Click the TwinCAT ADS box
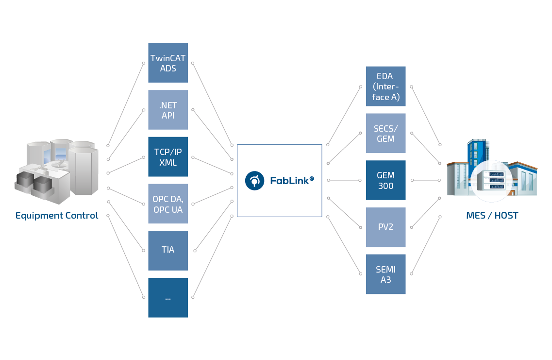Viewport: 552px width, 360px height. (x=167, y=63)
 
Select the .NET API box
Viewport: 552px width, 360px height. (x=167, y=110)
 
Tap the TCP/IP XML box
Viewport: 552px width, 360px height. (x=167, y=157)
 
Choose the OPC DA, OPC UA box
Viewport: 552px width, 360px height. (x=167, y=204)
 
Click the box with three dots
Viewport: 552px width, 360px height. (x=167, y=298)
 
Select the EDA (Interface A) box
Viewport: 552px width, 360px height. (x=385, y=86)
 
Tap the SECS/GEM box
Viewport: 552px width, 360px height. (x=385, y=134)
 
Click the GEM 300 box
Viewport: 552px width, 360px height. (x=385, y=180)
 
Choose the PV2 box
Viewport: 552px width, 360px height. (x=385, y=227)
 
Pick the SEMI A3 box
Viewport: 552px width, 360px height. (x=385, y=274)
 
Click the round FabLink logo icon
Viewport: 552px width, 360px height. (x=253, y=180)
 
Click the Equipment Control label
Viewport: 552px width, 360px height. (x=57, y=215)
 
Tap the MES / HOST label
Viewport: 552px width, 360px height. (x=492, y=215)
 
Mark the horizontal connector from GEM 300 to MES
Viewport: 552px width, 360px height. (x=426, y=180)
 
